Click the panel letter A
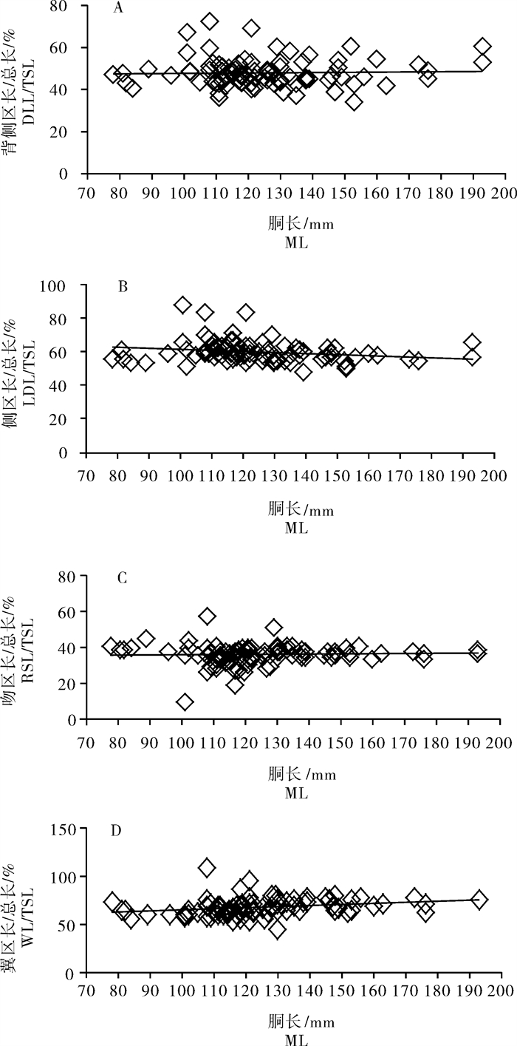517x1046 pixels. click(117, 9)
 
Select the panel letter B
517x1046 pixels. click(123, 287)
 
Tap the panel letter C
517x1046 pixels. click(123, 578)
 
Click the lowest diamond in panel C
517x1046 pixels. click(185, 701)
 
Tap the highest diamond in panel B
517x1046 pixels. click(182, 305)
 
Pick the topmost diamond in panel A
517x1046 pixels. click(210, 21)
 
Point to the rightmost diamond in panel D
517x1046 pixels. click(479, 900)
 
